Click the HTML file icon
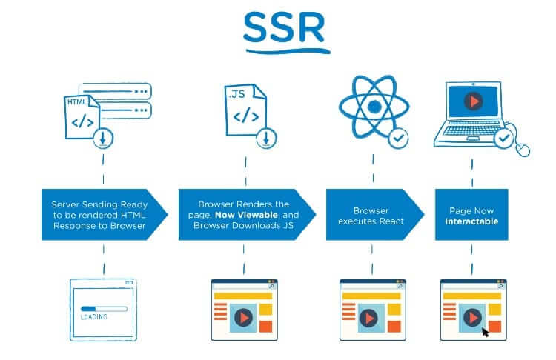point(82,117)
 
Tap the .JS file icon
point(245,110)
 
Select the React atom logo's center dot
point(374,107)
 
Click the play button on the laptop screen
point(473,101)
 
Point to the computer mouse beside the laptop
point(523,150)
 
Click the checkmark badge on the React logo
point(398,139)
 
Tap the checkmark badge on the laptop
point(504,139)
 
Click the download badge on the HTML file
point(103,139)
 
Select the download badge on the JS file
point(266,139)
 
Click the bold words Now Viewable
point(246,215)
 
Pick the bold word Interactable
point(471,221)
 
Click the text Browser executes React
point(371,216)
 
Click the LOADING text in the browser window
point(94,317)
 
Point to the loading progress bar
point(104,309)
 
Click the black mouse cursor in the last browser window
point(485,333)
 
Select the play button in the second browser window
point(244,318)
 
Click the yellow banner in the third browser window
point(371,296)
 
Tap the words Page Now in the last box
point(471,211)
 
